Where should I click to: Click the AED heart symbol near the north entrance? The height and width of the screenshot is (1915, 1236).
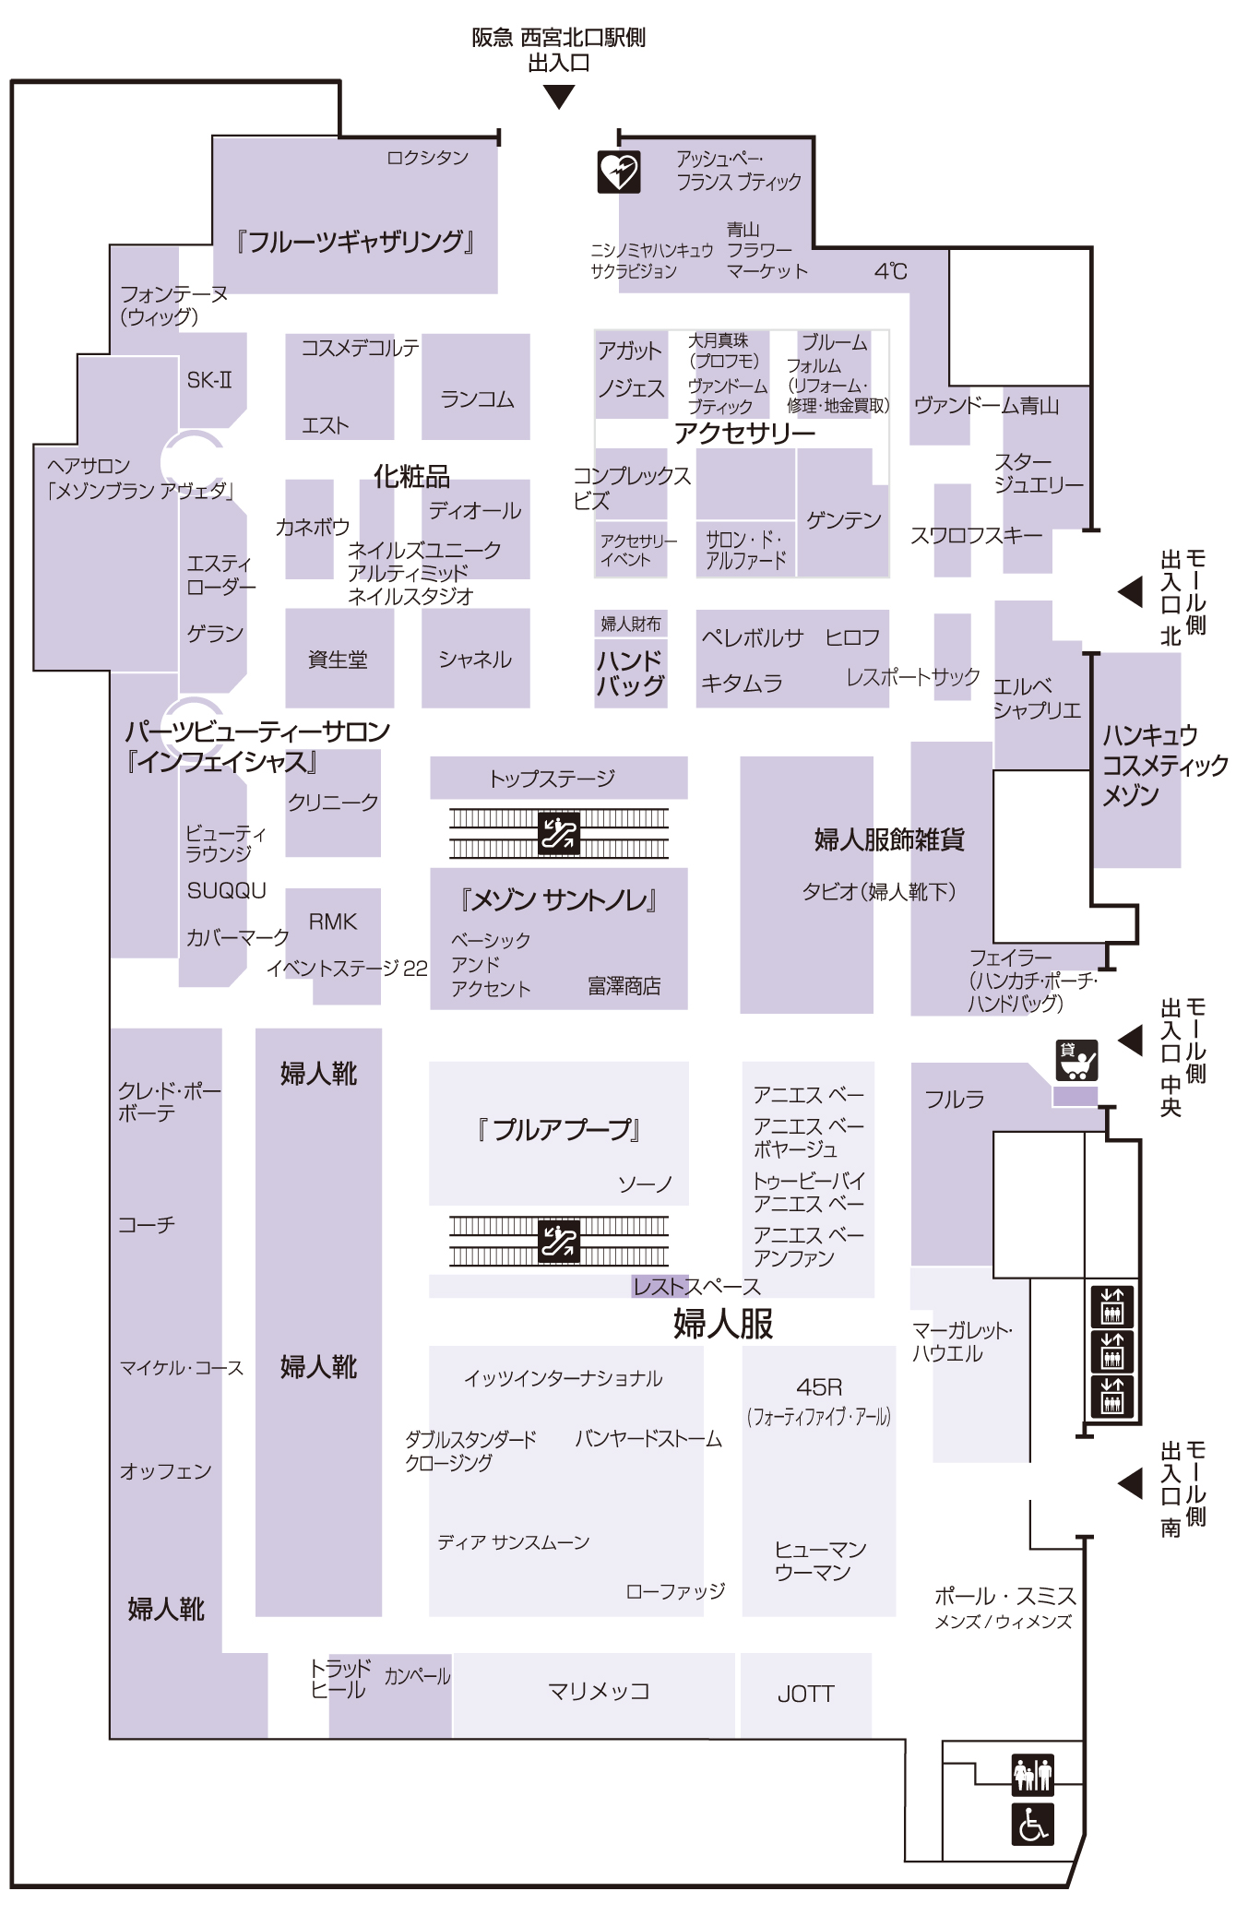click(x=618, y=172)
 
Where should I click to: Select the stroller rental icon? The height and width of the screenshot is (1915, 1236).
click(x=1076, y=1060)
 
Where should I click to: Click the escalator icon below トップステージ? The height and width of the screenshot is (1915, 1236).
click(x=558, y=833)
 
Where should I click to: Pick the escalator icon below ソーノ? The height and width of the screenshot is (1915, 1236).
click(x=558, y=1241)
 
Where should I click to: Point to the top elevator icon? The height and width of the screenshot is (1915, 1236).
click(x=1111, y=1306)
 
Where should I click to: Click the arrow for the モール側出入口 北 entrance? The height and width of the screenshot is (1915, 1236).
click(x=1130, y=591)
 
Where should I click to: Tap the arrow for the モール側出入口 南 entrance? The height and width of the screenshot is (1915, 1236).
click(x=1130, y=1483)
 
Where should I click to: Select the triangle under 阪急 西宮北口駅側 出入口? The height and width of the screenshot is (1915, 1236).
click(x=559, y=97)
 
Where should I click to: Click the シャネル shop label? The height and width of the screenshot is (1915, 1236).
click(x=475, y=660)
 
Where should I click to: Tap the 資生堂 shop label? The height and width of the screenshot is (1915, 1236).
click(x=338, y=660)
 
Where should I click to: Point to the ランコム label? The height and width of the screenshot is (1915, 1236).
click(x=477, y=399)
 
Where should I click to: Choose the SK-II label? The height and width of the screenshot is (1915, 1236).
click(x=209, y=380)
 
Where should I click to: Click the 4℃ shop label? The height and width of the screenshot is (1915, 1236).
click(x=891, y=271)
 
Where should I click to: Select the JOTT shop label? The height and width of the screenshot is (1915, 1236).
click(x=805, y=1694)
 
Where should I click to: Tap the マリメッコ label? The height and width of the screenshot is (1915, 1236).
click(x=599, y=1691)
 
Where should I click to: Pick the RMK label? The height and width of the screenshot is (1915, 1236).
click(x=332, y=922)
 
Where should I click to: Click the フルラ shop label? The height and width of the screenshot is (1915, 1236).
click(x=955, y=1099)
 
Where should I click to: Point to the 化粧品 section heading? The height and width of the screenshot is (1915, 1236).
click(x=411, y=476)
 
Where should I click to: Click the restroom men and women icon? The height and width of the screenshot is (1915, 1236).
click(x=1032, y=1773)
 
